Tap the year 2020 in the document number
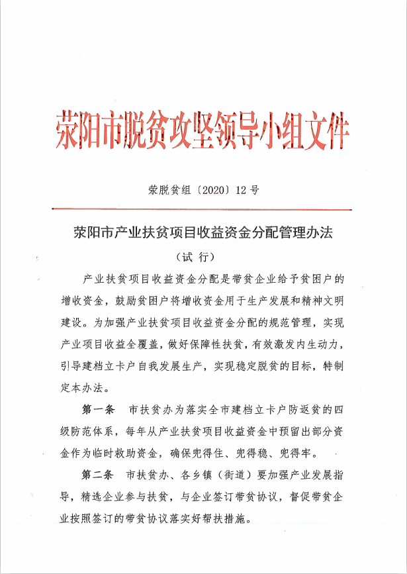click(205, 190)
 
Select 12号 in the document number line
click(248, 190)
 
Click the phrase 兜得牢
click(301, 454)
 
